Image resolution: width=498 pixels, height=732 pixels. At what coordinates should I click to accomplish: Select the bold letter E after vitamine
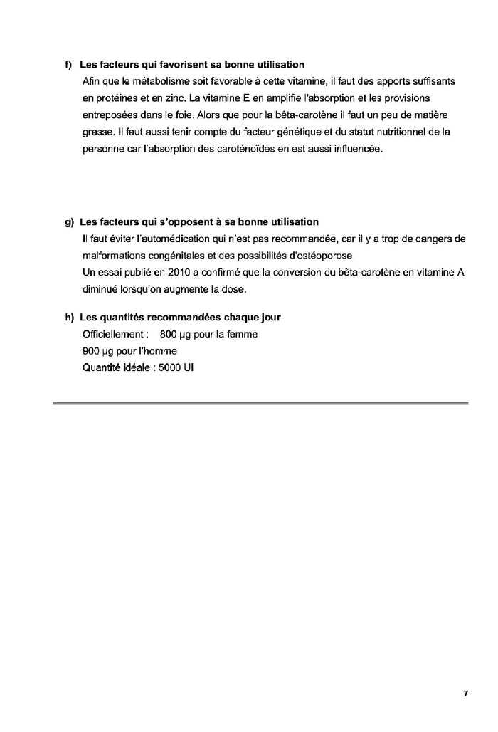point(246,98)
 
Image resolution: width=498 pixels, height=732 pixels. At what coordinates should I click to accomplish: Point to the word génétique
point(292,132)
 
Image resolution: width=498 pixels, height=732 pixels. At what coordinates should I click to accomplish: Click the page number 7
point(465,693)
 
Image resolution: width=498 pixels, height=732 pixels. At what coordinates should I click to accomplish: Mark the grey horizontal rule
point(260,404)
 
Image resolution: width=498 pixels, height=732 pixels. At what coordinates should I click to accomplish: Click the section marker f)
point(69,65)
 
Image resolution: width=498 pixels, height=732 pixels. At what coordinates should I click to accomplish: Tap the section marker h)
point(69,317)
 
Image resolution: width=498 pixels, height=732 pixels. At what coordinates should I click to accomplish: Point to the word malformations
point(114,256)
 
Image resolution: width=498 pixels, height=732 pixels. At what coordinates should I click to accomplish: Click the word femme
point(242,334)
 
